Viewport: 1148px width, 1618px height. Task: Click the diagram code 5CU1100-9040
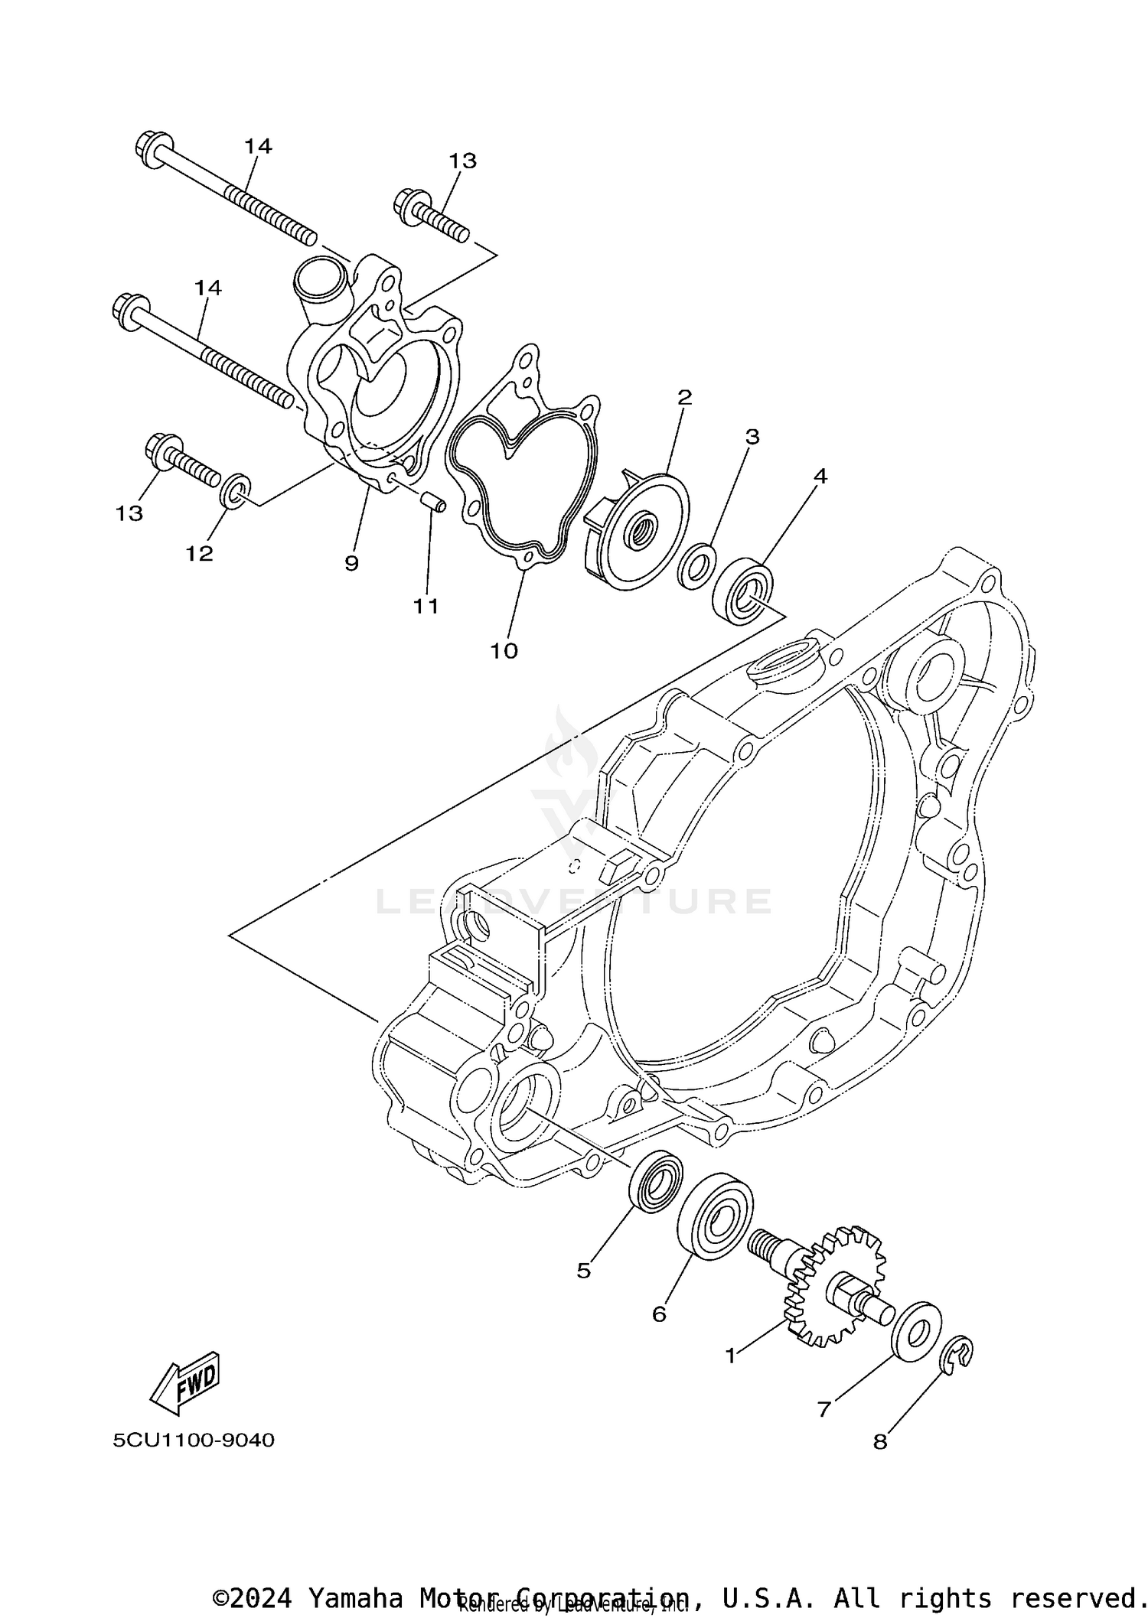pos(194,1441)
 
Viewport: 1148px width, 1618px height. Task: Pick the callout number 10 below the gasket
pos(504,651)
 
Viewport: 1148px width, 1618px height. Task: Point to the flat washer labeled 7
pos(917,1331)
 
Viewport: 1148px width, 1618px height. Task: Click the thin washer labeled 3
pos(697,567)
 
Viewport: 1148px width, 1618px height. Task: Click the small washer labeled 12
pos(235,490)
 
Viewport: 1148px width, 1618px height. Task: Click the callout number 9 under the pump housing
pos(351,564)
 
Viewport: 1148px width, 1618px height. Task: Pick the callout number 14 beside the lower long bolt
pos(207,288)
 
